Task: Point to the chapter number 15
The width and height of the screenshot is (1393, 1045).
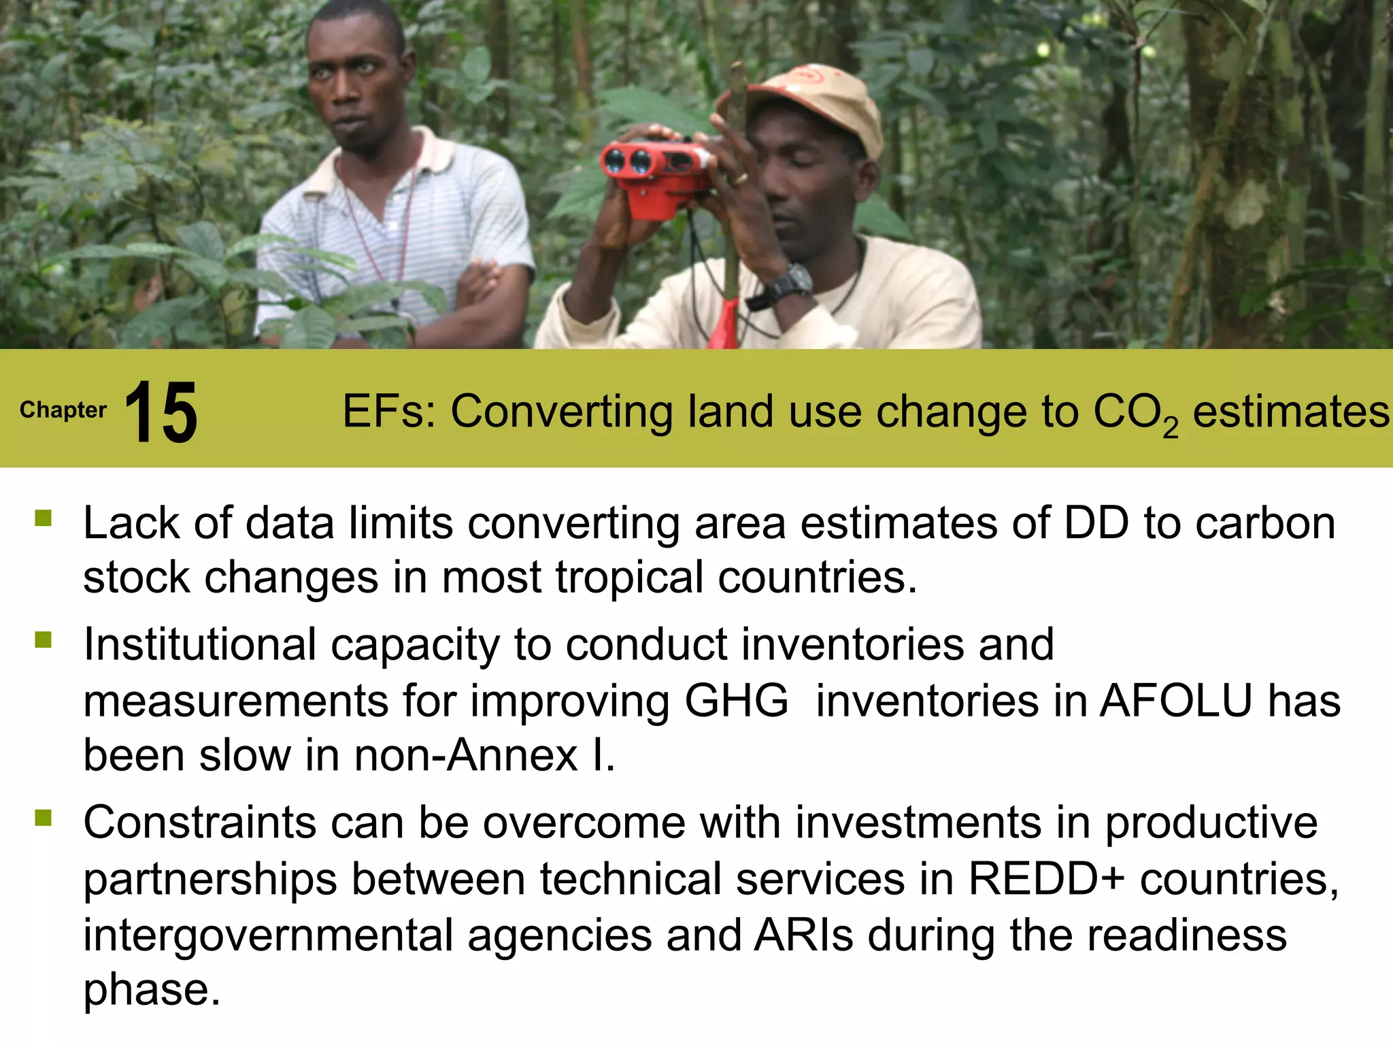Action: [x=161, y=412]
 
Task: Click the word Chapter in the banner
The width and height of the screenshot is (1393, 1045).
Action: [x=63, y=410]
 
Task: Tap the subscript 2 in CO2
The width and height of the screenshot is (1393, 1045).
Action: [x=1170, y=428]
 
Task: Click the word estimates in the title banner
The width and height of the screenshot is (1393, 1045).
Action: [x=1291, y=412]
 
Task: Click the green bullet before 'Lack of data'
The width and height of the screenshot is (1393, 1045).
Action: [x=44, y=518]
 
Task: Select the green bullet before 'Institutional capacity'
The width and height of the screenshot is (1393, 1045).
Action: [x=44, y=640]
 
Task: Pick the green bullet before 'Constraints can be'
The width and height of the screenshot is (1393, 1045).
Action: [x=44, y=817]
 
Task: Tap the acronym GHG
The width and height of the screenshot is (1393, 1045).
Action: [x=736, y=701]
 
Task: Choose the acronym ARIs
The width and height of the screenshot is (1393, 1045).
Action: [x=803, y=935]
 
